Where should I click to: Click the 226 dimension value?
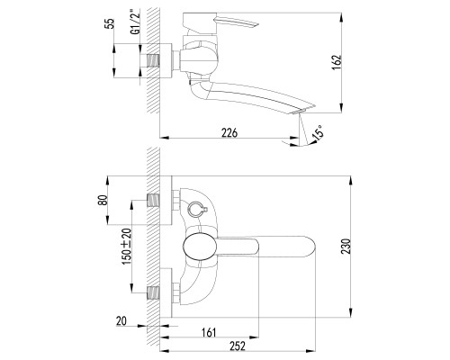pos(229,132)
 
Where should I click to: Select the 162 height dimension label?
pos(337,62)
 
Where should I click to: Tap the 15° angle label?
pos(318,132)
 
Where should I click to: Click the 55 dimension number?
pos(111,23)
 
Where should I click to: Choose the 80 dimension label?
pos(103,200)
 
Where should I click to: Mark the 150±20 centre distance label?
pos(127,247)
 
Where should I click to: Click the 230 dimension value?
pos(346,247)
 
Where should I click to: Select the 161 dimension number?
pos(209,332)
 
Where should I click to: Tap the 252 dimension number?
pos(238,346)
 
